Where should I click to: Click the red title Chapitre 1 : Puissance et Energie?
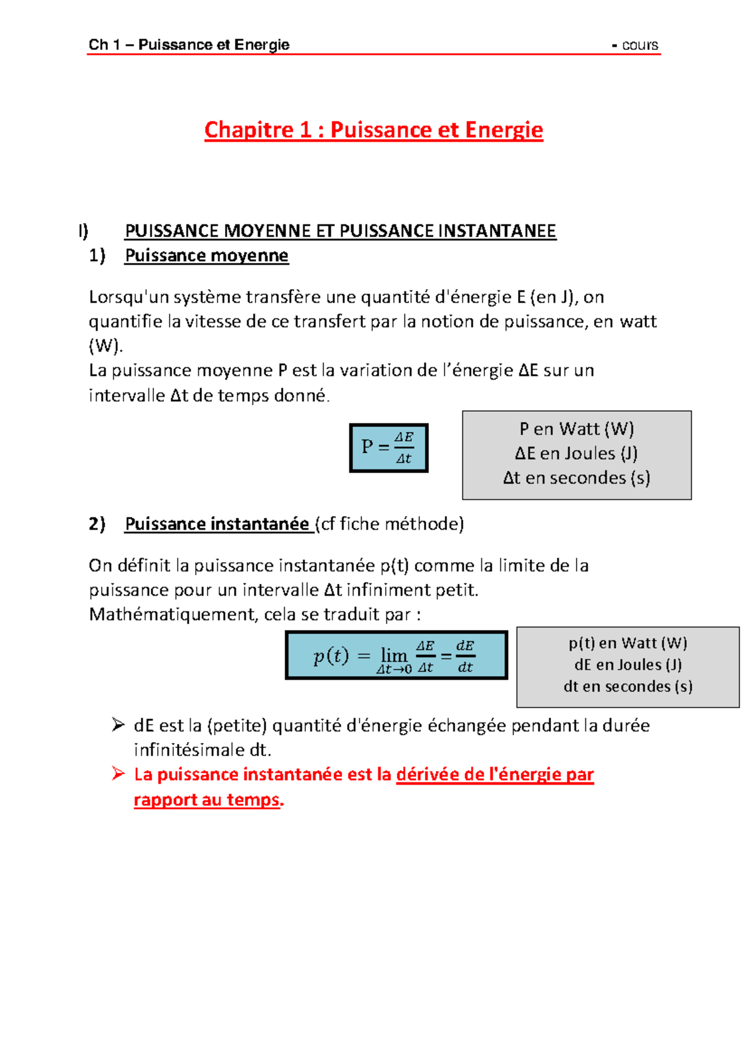[x=373, y=130]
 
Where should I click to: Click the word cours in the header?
[x=640, y=45]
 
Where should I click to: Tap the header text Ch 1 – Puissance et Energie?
[x=189, y=45]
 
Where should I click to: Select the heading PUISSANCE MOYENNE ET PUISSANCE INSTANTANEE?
[x=340, y=231]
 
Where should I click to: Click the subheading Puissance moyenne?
[x=206, y=256]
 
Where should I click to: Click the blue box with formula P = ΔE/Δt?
[x=388, y=447]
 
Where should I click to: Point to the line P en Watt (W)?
[x=577, y=429]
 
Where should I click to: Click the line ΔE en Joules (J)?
[x=577, y=453]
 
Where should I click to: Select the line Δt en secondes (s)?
[x=577, y=478]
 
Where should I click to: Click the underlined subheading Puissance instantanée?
[x=217, y=524]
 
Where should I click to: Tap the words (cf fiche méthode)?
[x=390, y=524]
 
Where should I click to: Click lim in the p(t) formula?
[x=394, y=655]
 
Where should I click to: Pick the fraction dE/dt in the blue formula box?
[x=465, y=656]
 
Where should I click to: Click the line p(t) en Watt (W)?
[x=628, y=643]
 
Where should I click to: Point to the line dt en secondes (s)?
[x=628, y=686]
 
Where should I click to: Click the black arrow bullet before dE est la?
[x=118, y=724]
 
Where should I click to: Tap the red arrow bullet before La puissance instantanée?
[x=118, y=774]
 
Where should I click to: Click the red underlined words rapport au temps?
[x=206, y=800]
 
